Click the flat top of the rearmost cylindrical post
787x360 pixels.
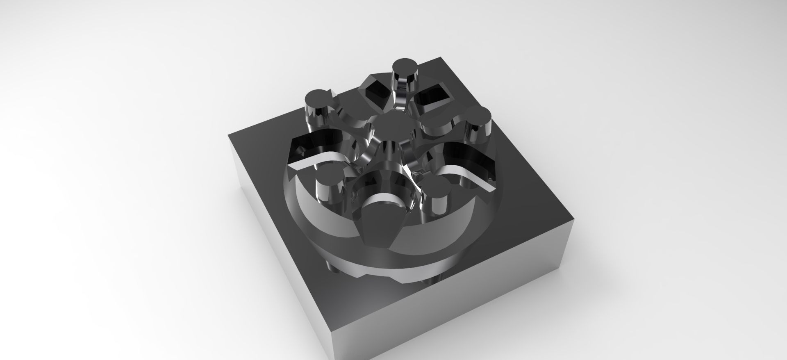405,66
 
